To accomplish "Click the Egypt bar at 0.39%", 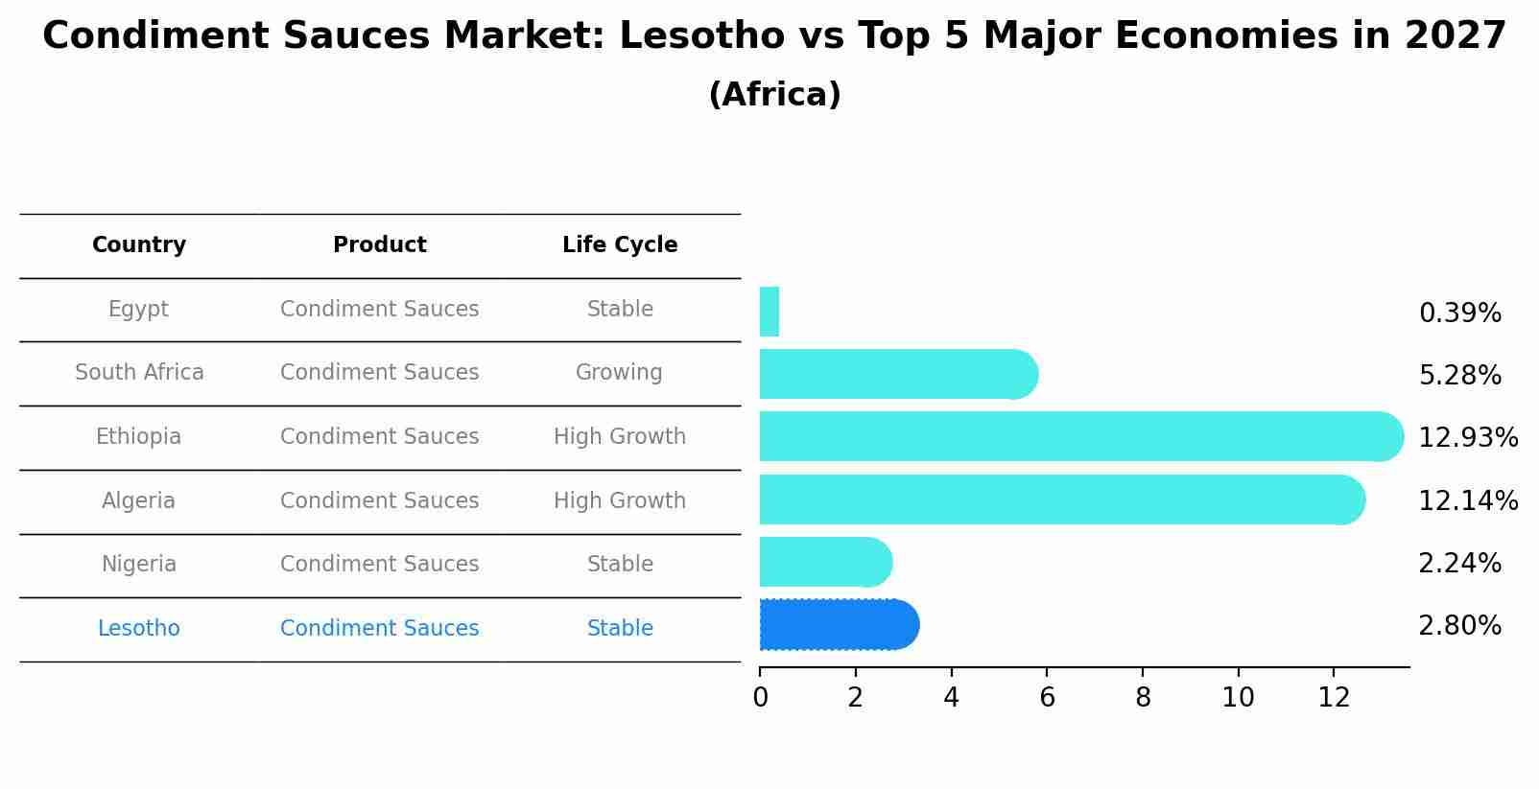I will (769, 312).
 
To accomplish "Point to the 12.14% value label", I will (1467, 500).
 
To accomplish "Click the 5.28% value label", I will (1459, 375).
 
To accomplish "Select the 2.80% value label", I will (1459, 626).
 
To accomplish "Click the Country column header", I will (139, 245).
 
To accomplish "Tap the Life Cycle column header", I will (620, 245).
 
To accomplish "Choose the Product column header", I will (380, 245).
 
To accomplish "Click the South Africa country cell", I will (139, 372).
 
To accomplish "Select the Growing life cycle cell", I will (619, 372).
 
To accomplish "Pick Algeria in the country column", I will (139, 500).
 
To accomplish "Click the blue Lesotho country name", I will (139, 628).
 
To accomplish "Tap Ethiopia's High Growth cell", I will (620, 436).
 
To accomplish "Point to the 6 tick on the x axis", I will (1047, 697).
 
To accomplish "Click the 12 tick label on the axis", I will (1334, 697).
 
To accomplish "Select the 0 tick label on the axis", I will (760, 697).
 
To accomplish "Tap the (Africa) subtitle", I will (774, 95).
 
